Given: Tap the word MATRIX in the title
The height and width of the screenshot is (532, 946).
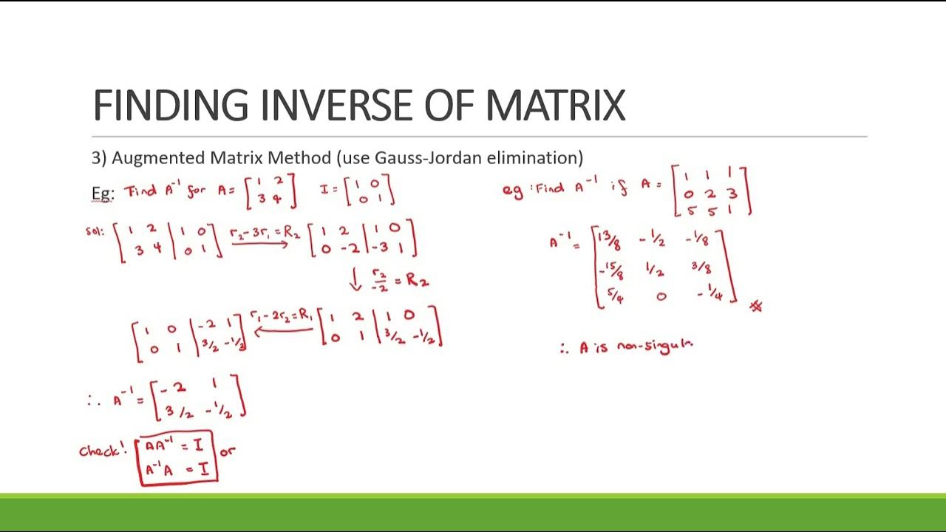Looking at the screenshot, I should [555, 105].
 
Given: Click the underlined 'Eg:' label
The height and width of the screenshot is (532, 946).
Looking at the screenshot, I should [103, 193].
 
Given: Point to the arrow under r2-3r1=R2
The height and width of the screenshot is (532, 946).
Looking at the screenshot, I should [259, 244].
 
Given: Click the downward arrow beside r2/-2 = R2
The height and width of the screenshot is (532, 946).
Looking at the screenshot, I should [356, 279].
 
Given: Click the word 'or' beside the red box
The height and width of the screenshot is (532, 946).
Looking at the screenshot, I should [228, 450].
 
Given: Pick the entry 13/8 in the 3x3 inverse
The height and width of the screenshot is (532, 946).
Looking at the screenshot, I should [610, 240].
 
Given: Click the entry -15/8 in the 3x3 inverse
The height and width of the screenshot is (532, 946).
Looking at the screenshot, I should [610, 271].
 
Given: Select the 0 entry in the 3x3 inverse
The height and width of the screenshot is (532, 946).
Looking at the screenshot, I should [661, 296].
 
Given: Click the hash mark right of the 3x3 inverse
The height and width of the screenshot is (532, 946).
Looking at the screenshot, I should [755, 305].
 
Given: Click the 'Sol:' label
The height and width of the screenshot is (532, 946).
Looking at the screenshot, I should [96, 231].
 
